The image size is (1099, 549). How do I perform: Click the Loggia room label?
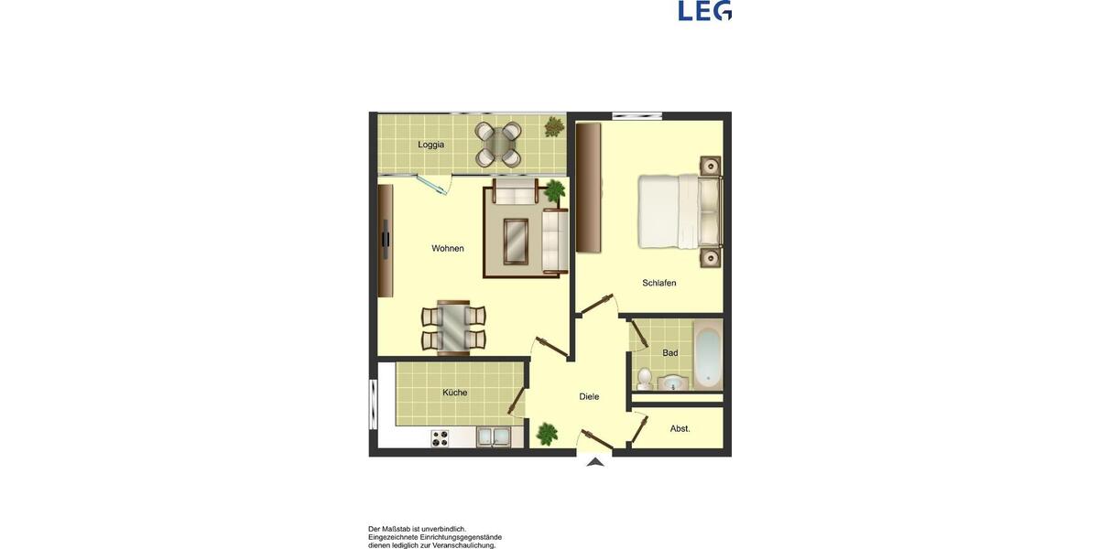click(431, 145)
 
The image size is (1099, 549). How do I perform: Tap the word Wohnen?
click(448, 248)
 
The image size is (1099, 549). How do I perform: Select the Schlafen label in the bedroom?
click(659, 283)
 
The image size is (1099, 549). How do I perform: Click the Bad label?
click(670, 353)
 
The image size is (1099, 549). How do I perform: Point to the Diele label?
click(589, 396)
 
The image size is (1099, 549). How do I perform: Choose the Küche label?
click(455, 393)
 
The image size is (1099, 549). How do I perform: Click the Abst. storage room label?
click(680, 428)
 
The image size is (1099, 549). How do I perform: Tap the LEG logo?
click(704, 11)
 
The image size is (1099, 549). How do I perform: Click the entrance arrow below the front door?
click(595, 462)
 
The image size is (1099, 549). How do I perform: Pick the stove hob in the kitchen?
click(441, 438)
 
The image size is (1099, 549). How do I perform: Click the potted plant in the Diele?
click(548, 433)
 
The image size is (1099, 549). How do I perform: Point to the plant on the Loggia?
click(554, 126)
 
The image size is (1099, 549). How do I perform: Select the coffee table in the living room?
click(516, 242)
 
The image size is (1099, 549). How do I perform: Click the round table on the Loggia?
click(498, 145)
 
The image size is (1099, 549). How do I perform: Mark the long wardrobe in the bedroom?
click(588, 188)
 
